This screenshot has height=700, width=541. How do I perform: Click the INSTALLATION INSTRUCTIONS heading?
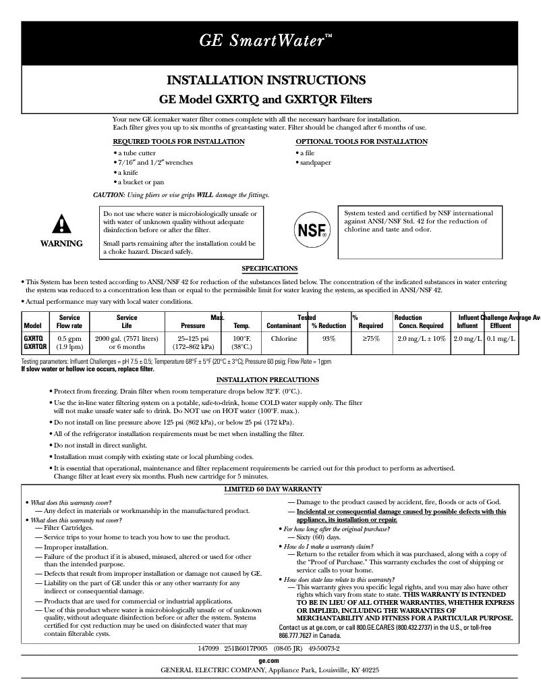[266, 80]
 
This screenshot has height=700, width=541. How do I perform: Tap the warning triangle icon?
[61, 223]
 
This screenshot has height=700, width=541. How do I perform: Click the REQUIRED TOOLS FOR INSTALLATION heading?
[178, 142]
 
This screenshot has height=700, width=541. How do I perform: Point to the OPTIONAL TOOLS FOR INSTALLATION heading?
[362, 142]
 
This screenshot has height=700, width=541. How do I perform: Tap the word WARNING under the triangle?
[61, 244]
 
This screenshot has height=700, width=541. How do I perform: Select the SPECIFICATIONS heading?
[270, 269]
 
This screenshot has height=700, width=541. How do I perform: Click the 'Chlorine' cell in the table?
[284, 338]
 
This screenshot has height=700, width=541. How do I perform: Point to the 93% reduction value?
[329, 338]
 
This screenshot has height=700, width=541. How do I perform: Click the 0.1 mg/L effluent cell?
[501, 338]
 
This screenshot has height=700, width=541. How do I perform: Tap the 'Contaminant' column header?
[283, 326]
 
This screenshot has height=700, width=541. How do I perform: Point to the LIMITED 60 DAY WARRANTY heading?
[273, 489]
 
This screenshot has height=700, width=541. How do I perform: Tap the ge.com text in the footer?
[269, 659]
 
